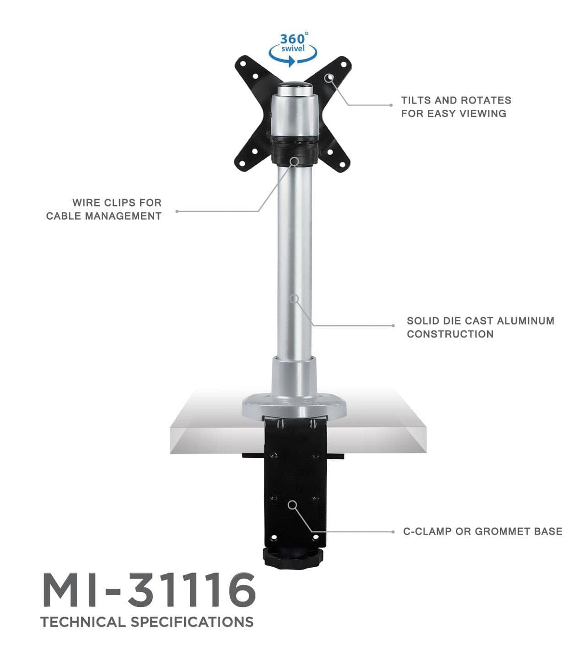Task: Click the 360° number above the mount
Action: pos(292,39)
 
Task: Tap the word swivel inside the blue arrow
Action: pos(293,49)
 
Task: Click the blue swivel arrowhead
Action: pos(291,62)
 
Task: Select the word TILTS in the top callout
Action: pos(416,101)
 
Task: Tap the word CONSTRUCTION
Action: pos(450,334)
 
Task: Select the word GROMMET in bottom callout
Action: pos(503,531)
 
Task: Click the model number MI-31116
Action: pos(148,591)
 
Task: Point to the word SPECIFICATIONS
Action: pos(193,622)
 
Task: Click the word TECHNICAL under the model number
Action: pos(83,622)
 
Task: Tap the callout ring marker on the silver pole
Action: pos(294,299)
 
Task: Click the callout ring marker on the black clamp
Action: pos(292,505)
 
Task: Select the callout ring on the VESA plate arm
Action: pos(329,78)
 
